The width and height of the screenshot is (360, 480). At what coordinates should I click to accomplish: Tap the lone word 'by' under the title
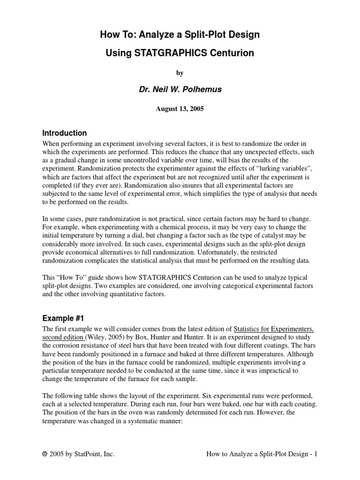coord(180,73)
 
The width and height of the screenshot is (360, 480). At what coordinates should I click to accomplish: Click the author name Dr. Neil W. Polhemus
coord(180,90)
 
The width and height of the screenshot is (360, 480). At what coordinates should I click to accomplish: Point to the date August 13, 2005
coord(180,109)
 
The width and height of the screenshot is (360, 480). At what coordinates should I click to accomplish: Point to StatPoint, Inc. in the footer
coord(93,454)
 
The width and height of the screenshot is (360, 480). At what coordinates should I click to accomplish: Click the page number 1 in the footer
coord(316,454)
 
